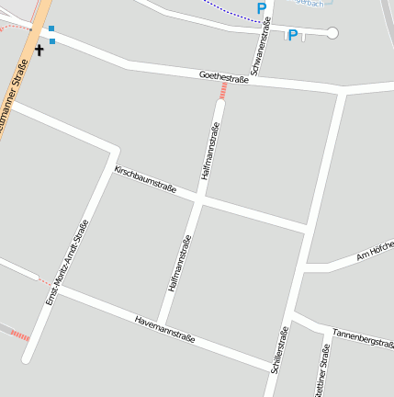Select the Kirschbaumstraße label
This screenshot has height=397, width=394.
145,179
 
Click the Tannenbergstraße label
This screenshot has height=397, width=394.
363,337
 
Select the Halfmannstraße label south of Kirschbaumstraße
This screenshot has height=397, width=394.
180,264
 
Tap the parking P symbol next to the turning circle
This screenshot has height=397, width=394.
293,36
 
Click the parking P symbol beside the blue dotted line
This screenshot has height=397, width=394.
262,8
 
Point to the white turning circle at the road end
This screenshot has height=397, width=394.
332,33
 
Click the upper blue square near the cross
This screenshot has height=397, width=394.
51,29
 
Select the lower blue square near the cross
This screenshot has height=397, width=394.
52,41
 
